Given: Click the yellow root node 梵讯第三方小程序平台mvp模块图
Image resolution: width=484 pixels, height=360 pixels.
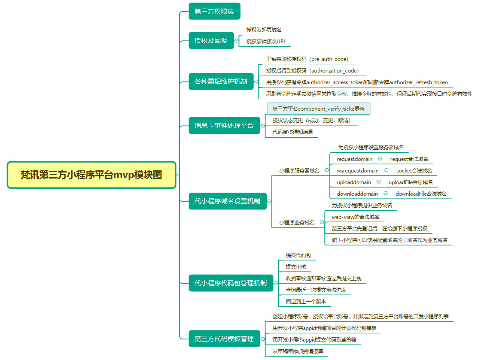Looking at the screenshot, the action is pyautogui.click(x=91, y=175).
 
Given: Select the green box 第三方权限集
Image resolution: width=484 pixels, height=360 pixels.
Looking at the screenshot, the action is pyautogui.click(x=214, y=11).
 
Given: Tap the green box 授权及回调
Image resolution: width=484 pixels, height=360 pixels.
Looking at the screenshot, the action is pyautogui.click(x=211, y=41).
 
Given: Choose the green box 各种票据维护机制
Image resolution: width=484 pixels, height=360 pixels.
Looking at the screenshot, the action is pyautogui.click(x=221, y=81).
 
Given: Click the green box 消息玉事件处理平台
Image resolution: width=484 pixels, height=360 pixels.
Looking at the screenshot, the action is pyautogui.click(x=224, y=126).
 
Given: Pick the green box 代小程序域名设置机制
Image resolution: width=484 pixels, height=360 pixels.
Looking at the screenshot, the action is pyautogui.click(x=227, y=201).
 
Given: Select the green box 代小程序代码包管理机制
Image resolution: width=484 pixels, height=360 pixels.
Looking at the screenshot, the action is pyautogui.click(x=231, y=283).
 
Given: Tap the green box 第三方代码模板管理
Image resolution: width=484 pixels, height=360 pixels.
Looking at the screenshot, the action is pyautogui.click(x=224, y=339).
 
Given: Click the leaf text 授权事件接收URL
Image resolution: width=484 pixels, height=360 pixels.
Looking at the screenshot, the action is pyautogui.click(x=266, y=42).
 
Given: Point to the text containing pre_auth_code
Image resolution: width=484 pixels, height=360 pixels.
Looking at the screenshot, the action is pyautogui.click(x=307, y=59).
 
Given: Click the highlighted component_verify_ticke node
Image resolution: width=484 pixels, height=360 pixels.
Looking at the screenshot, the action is pyautogui.click(x=318, y=109).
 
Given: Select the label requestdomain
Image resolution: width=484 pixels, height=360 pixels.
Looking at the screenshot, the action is pyautogui.click(x=354, y=159).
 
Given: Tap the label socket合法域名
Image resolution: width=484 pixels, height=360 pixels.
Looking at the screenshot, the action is pyautogui.click(x=414, y=171).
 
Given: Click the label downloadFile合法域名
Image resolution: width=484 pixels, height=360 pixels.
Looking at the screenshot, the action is pyautogui.click(x=421, y=194).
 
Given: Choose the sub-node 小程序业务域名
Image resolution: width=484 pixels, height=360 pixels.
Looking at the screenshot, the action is pyautogui.click(x=297, y=222).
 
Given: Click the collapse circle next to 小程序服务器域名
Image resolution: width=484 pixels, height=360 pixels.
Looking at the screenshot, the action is pyautogui.click(x=327, y=170).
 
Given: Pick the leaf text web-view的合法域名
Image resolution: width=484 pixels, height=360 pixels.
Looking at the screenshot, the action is pyautogui.click(x=355, y=217).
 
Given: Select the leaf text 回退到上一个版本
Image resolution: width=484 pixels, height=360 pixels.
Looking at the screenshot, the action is pyautogui.click(x=306, y=302).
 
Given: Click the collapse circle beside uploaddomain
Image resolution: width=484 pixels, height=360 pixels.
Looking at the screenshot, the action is pyautogui.click(x=378, y=182).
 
